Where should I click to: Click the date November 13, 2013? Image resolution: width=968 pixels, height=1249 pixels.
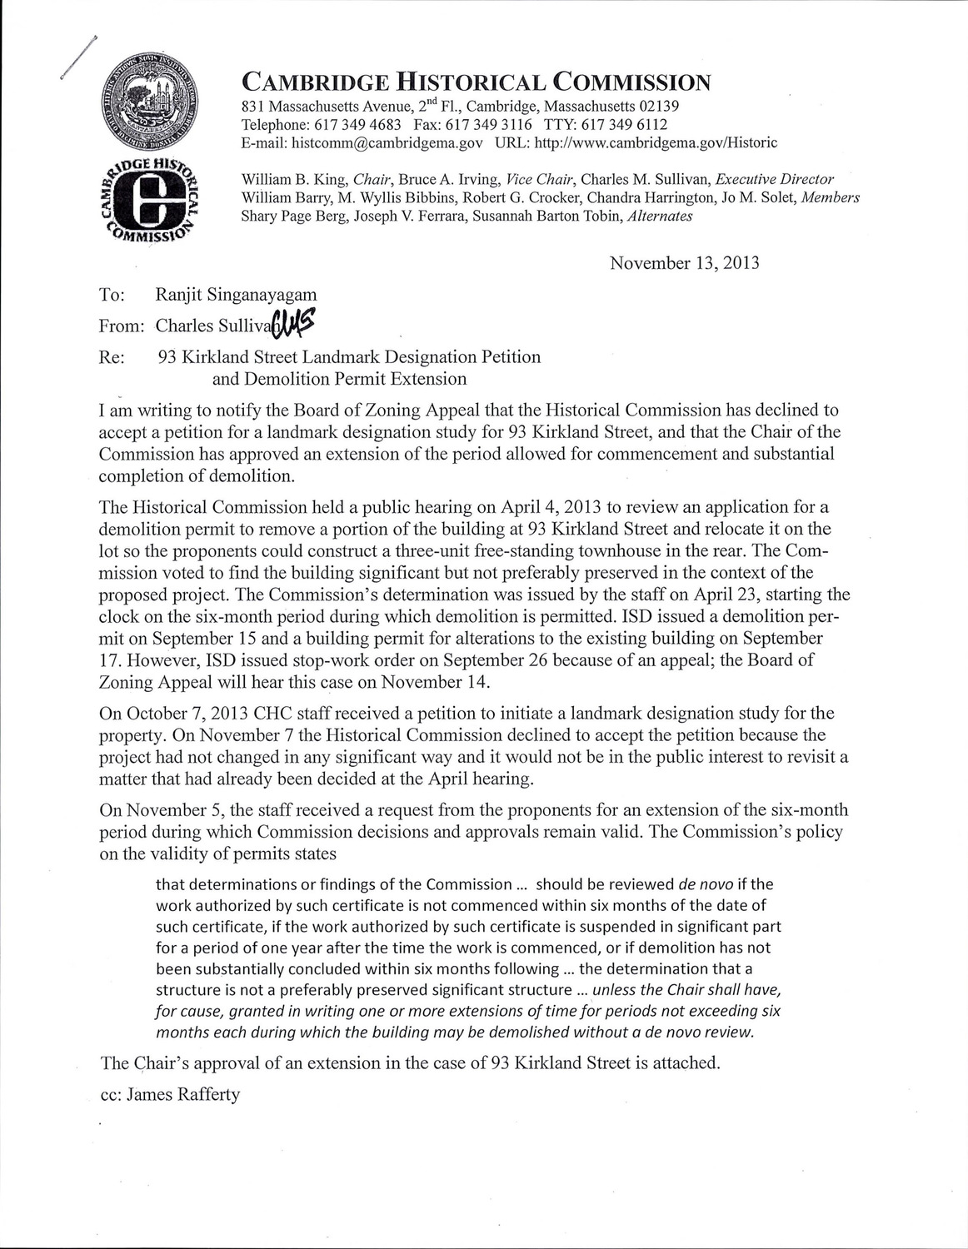pyautogui.click(x=684, y=263)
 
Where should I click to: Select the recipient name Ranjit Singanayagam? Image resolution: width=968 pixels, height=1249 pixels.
pyautogui.click(x=236, y=295)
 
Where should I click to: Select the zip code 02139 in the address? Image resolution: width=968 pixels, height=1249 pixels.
pyautogui.click(x=657, y=106)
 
